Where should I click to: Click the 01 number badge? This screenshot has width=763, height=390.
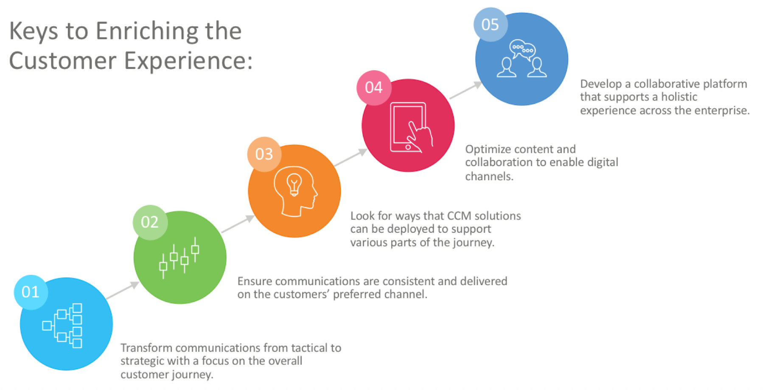tap(31, 292)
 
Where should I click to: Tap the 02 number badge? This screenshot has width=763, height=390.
tap(150, 222)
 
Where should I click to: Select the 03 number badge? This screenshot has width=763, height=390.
tap(264, 154)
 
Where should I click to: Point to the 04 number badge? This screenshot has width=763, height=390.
tap(373, 88)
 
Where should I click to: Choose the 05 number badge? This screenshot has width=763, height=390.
tap(490, 25)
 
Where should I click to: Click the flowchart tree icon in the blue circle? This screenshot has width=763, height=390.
tap(63, 325)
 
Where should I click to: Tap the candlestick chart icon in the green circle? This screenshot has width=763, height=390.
tap(179, 257)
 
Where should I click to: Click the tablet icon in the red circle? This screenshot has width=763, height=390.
tap(408, 127)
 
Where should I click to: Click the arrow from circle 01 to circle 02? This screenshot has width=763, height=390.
tap(123, 290)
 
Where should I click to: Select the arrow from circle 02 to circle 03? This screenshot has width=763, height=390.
tap(238, 224)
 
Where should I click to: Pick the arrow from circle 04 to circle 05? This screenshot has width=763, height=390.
tap(466, 90)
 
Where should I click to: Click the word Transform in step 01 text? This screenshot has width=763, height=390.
tap(146, 348)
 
